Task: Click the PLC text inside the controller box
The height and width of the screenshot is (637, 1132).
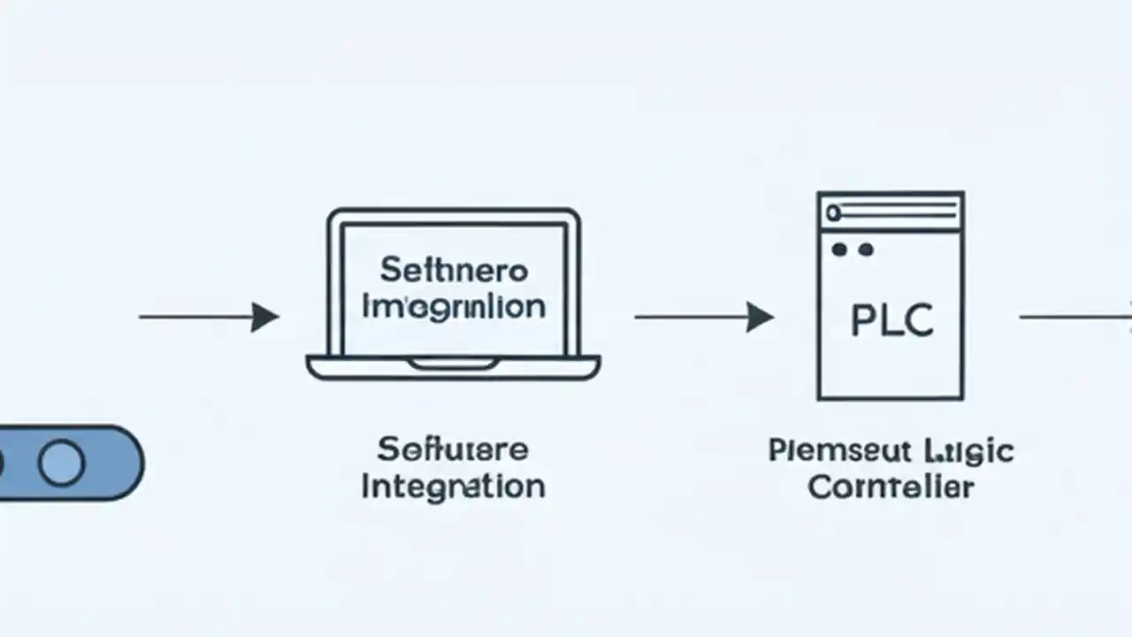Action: (891, 320)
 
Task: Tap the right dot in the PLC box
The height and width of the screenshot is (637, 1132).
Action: (865, 250)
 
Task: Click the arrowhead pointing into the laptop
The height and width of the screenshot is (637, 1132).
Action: (264, 317)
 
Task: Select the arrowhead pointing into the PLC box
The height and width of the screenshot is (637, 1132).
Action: (759, 317)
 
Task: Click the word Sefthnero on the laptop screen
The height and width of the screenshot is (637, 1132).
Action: (454, 269)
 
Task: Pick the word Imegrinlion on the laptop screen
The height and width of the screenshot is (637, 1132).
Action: (454, 306)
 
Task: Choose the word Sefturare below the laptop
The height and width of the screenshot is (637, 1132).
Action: (453, 449)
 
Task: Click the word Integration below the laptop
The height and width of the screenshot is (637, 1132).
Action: (454, 486)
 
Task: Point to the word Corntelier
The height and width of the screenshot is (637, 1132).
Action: (891, 487)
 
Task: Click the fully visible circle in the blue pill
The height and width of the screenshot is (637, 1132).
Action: (62, 463)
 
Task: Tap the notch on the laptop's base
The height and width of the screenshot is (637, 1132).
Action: (454, 364)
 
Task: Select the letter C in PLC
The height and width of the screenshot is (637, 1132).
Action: (918, 320)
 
